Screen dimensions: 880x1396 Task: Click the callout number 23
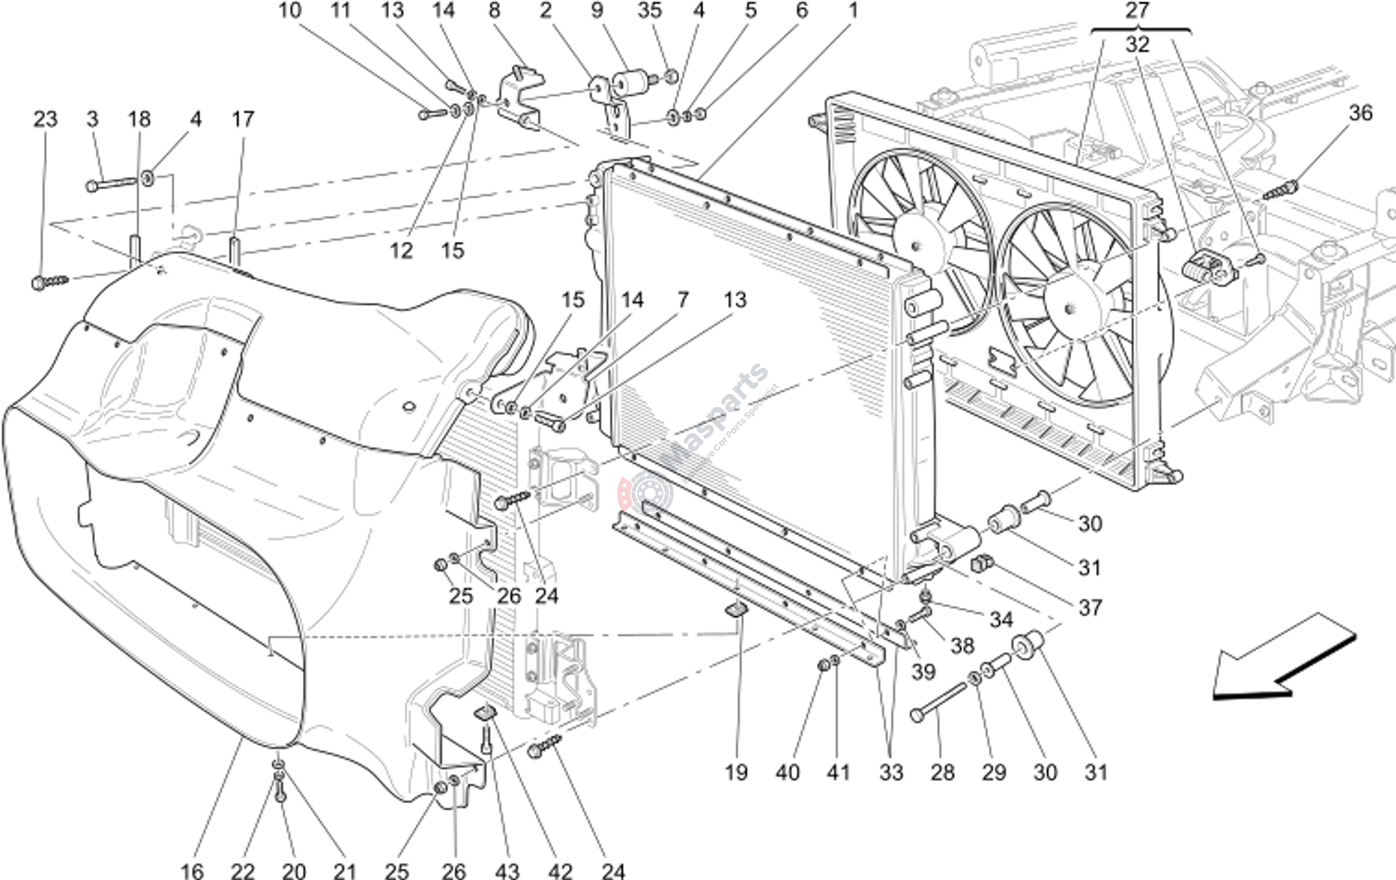(45, 119)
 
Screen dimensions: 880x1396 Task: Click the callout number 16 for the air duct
(192, 870)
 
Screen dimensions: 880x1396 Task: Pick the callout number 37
(1090, 608)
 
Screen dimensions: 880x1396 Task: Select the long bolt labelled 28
(939, 703)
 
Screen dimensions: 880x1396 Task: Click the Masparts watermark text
(719, 417)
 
